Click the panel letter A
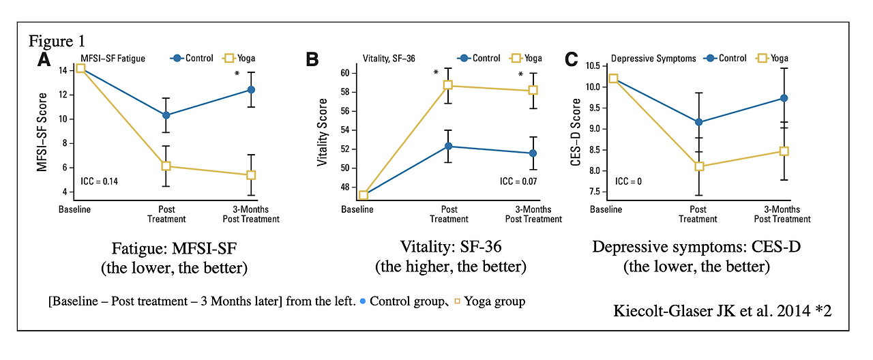coord(44,59)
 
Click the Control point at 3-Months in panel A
coord(252,89)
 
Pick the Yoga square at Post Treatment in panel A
coord(166,166)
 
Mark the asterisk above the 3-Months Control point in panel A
coord(237,74)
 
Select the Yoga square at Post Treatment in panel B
coord(449,85)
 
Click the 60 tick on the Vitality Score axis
coord(344,73)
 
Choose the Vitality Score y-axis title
coord(323,132)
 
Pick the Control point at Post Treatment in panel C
coord(698,122)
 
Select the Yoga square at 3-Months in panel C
coord(784,151)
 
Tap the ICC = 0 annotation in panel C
coord(629,181)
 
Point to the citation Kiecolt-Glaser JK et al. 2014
coord(723,312)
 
